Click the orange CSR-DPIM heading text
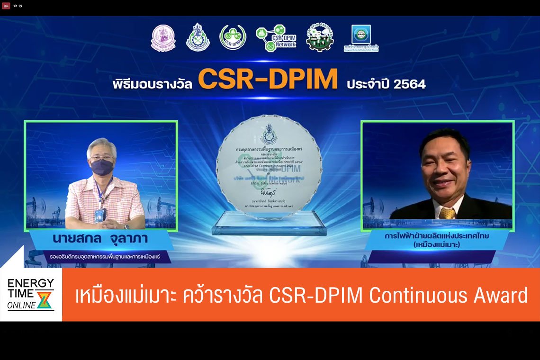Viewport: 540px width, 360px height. coord(268,80)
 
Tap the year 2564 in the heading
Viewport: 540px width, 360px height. coord(411,84)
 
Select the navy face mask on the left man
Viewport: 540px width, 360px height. coord(102,167)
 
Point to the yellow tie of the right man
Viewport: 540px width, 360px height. coord(447,213)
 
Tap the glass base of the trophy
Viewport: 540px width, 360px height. coord(269,225)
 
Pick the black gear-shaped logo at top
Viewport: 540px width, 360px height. coord(320,37)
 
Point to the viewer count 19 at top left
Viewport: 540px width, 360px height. coord(20,6)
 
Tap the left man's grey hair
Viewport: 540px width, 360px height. coord(101,145)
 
